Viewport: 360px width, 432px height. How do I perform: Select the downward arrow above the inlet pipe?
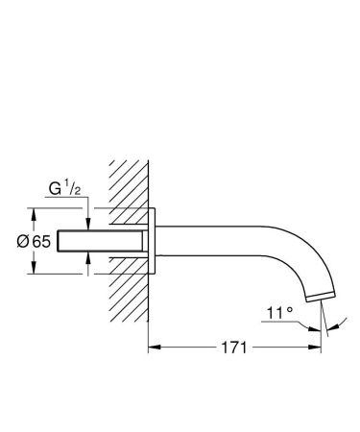[x=87, y=224]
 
